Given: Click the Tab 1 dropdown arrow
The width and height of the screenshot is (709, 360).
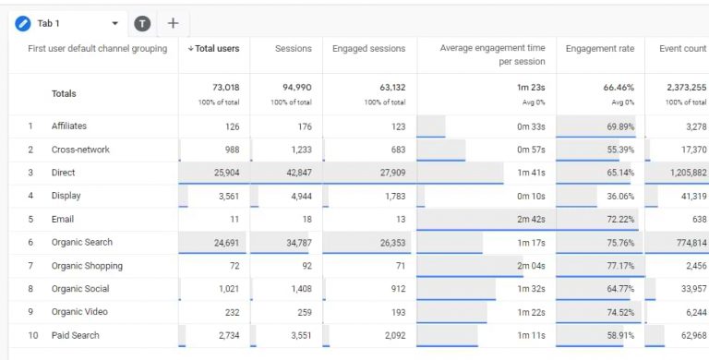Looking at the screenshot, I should pos(114,23).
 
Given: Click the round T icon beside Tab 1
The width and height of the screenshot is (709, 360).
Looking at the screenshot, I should pos(142,23).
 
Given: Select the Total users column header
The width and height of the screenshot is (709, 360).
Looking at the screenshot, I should pos(215,48).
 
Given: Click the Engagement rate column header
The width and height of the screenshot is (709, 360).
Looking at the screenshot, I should pos(599,48).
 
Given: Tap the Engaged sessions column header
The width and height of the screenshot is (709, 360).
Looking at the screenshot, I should pos(368,48).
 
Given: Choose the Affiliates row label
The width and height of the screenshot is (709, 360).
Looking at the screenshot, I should pos(69,126).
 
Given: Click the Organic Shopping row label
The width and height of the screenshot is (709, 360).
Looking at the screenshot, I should pos(87,266).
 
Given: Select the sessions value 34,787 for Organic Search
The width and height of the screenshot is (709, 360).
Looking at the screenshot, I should pos(293,243).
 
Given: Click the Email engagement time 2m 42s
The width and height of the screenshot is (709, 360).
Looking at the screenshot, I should pos(531,220).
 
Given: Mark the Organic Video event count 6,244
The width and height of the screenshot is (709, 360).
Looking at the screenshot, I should pos(692,312).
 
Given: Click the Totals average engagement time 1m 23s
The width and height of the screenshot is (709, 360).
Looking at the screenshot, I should pos(529,87).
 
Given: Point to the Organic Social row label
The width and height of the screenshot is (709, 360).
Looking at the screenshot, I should pos(79,289).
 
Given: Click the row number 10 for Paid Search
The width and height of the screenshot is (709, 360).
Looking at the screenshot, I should pos(33,335).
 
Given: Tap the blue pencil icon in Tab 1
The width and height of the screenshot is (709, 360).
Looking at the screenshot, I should pos(23,23).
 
